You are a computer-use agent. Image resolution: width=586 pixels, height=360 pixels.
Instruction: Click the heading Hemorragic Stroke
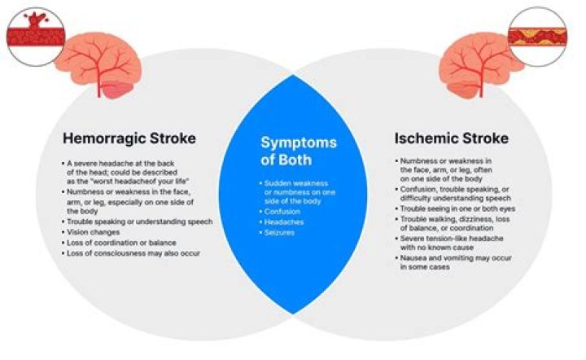pyautogui.click(x=129, y=138)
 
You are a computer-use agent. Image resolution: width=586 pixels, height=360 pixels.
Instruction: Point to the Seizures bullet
pyautogui.click(x=279, y=232)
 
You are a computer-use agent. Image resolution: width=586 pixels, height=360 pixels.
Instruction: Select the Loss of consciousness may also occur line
pyautogui.click(x=134, y=253)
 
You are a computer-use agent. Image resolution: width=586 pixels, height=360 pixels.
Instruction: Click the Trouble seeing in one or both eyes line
pyautogui.click(x=452, y=209)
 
